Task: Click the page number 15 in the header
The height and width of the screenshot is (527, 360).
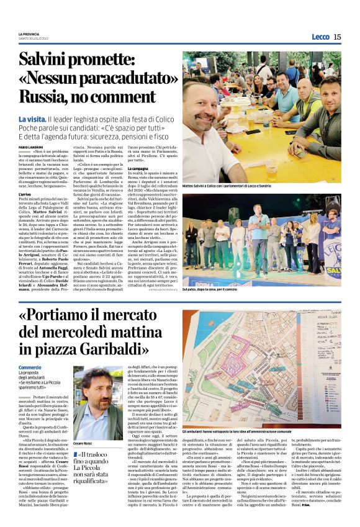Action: (337, 37)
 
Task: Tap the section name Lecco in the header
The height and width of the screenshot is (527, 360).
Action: (320, 37)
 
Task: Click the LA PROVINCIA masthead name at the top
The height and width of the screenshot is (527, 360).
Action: (29, 34)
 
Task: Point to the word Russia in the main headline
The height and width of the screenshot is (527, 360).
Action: (44, 97)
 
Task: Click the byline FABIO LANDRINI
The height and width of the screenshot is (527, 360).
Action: (31, 146)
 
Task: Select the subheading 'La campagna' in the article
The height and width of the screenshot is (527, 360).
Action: (138, 168)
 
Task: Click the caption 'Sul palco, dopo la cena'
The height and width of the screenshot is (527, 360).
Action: (211, 289)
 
